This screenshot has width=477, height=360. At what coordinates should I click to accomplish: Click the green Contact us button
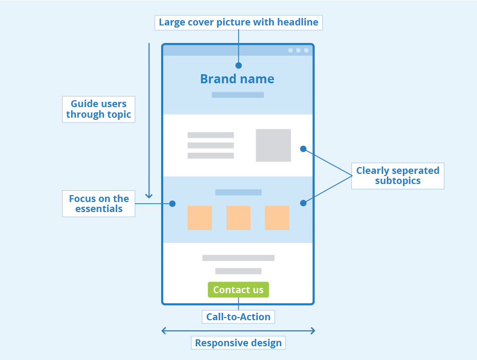(x=238, y=289)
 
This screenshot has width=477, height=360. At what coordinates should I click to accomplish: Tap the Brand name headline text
(x=237, y=79)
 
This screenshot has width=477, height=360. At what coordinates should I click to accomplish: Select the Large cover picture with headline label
(x=238, y=22)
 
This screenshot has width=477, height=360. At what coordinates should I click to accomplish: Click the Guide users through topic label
(x=99, y=109)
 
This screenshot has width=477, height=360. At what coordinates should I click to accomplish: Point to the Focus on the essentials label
(x=99, y=204)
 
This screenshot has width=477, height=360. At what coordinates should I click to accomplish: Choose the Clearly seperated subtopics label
(x=397, y=175)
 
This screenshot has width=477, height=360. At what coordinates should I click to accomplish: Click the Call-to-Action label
(x=238, y=317)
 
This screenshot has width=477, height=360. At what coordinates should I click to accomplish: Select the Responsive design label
(x=238, y=343)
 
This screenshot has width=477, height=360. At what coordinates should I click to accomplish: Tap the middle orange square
(x=238, y=218)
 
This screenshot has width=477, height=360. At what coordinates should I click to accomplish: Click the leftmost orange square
(x=199, y=218)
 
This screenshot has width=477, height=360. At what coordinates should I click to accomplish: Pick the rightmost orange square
(x=277, y=218)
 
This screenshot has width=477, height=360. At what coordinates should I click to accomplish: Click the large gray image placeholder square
(x=273, y=145)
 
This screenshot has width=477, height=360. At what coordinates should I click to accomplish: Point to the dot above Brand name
(x=238, y=66)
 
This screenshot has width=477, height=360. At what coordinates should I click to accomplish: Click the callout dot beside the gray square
(x=303, y=149)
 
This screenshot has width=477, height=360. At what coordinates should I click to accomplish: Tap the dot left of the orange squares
(x=172, y=204)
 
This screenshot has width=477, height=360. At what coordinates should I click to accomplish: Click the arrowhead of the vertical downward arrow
(x=149, y=196)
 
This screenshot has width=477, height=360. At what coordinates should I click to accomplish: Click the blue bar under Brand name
(x=237, y=95)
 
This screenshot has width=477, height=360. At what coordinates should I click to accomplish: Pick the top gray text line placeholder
(x=210, y=135)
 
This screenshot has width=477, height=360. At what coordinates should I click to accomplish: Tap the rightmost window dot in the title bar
(x=306, y=50)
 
